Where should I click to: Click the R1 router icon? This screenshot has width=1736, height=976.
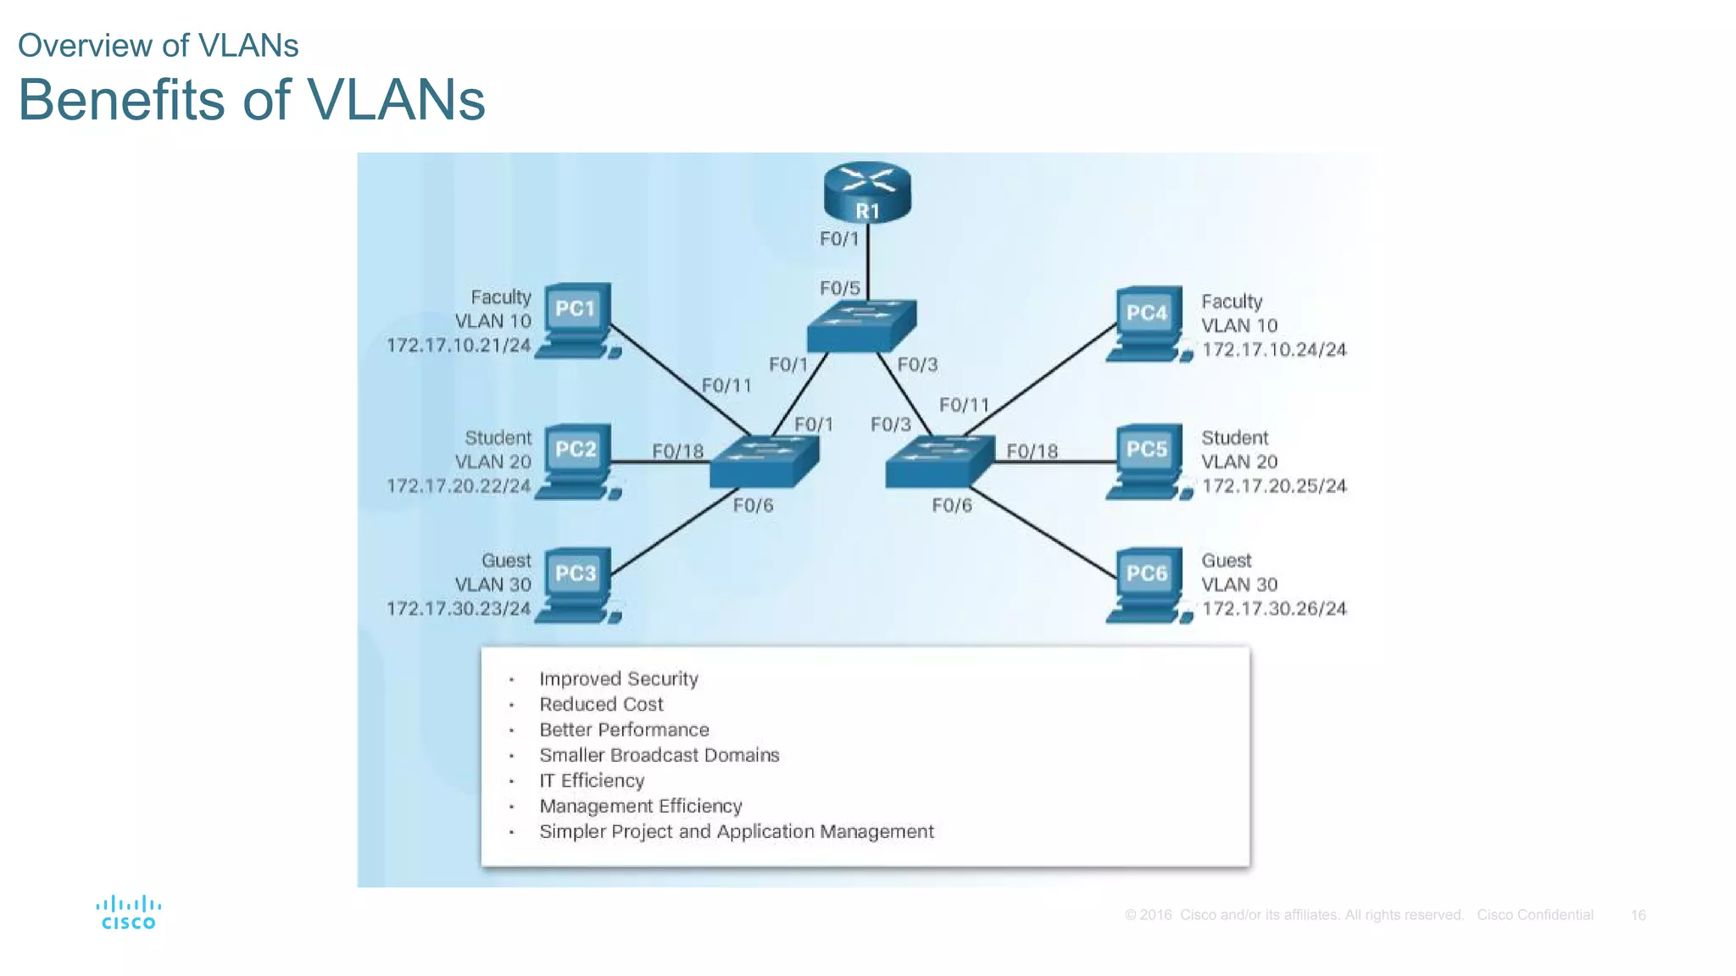[x=866, y=192]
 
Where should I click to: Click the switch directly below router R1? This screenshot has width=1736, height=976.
[x=860, y=325]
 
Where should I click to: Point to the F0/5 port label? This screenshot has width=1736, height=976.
[x=839, y=288]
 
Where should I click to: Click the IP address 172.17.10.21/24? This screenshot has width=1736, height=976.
[x=459, y=346]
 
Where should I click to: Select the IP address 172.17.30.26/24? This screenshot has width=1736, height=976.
[x=1273, y=608]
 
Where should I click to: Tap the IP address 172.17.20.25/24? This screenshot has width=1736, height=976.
[x=1273, y=485]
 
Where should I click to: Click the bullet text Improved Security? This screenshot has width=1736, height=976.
[x=618, y=679]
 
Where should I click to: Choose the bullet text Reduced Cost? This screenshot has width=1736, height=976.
[x=601, y=704]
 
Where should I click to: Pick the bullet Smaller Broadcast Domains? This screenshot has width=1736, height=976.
[x=659, y=755]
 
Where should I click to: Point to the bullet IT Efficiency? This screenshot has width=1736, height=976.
[x=592, y=780]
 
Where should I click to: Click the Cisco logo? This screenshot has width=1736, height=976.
[x=129, y=912]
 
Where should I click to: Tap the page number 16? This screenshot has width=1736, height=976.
[x=1638, y=915]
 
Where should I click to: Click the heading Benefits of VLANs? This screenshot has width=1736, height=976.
[x=251, y=100]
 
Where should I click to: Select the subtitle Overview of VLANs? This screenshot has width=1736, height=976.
[x=158, y=46]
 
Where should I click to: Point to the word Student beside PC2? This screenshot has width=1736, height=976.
[x=498, y=438]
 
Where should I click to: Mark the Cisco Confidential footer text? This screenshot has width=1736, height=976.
[x=1534, y=915]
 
